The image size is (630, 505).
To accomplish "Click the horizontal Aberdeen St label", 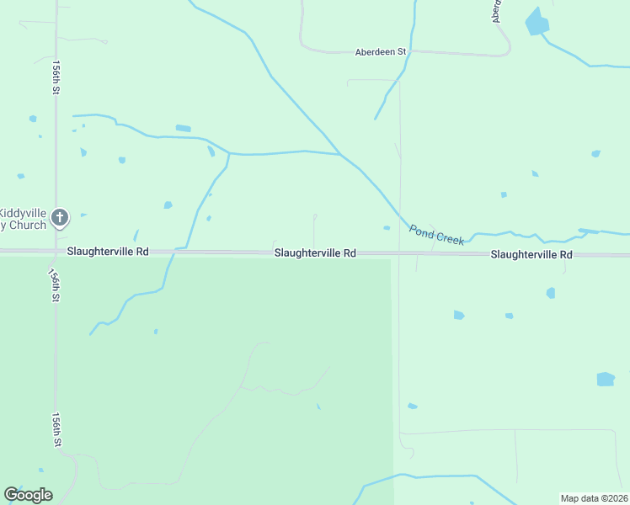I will point(381,51).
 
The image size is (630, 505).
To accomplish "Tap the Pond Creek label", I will point(436,234).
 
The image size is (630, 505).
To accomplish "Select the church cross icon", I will point(59,218).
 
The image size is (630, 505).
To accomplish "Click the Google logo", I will point(28,495).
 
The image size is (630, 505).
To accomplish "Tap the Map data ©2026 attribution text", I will point(593,498).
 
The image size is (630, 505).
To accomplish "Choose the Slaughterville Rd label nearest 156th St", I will point(108,252).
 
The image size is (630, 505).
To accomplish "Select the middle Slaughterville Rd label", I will point(314,252).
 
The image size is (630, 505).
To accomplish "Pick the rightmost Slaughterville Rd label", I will point(531,254).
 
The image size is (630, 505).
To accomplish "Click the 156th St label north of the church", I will point(56,77).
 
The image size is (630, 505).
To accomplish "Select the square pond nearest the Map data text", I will point(606,379).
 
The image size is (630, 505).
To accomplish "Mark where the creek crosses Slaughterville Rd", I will point(174,251).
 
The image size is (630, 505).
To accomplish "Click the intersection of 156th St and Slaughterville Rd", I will point(56,251).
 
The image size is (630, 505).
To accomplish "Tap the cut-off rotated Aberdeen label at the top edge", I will point(497,11).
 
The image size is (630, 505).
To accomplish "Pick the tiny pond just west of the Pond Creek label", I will point(387,227).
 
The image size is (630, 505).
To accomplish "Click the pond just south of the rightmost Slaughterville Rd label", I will point(551,293).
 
